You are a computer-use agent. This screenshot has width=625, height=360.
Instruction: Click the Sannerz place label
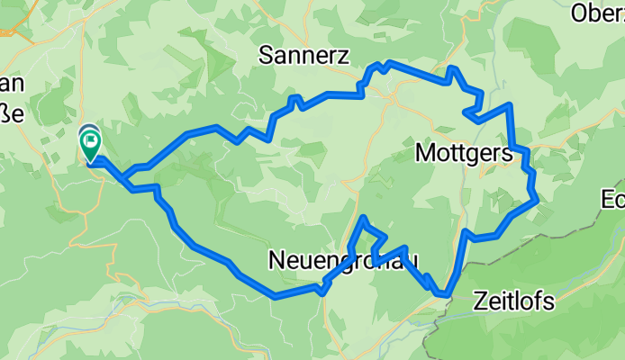coord(303,54)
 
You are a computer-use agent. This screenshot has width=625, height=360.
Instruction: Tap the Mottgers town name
coord(464,153)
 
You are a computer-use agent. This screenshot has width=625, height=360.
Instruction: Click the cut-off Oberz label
coord(599,13)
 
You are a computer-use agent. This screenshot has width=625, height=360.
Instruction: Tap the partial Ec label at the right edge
coord(614,200)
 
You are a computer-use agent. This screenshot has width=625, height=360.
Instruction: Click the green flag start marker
coord(91,145)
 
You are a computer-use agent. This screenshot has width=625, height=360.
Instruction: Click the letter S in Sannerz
coord(266,54)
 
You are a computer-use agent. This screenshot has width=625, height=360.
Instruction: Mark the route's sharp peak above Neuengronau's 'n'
coord(363,219)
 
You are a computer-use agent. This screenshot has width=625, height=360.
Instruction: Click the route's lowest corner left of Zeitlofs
coord(442,293)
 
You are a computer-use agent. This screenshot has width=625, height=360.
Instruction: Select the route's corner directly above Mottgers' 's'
coord(510,106)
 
